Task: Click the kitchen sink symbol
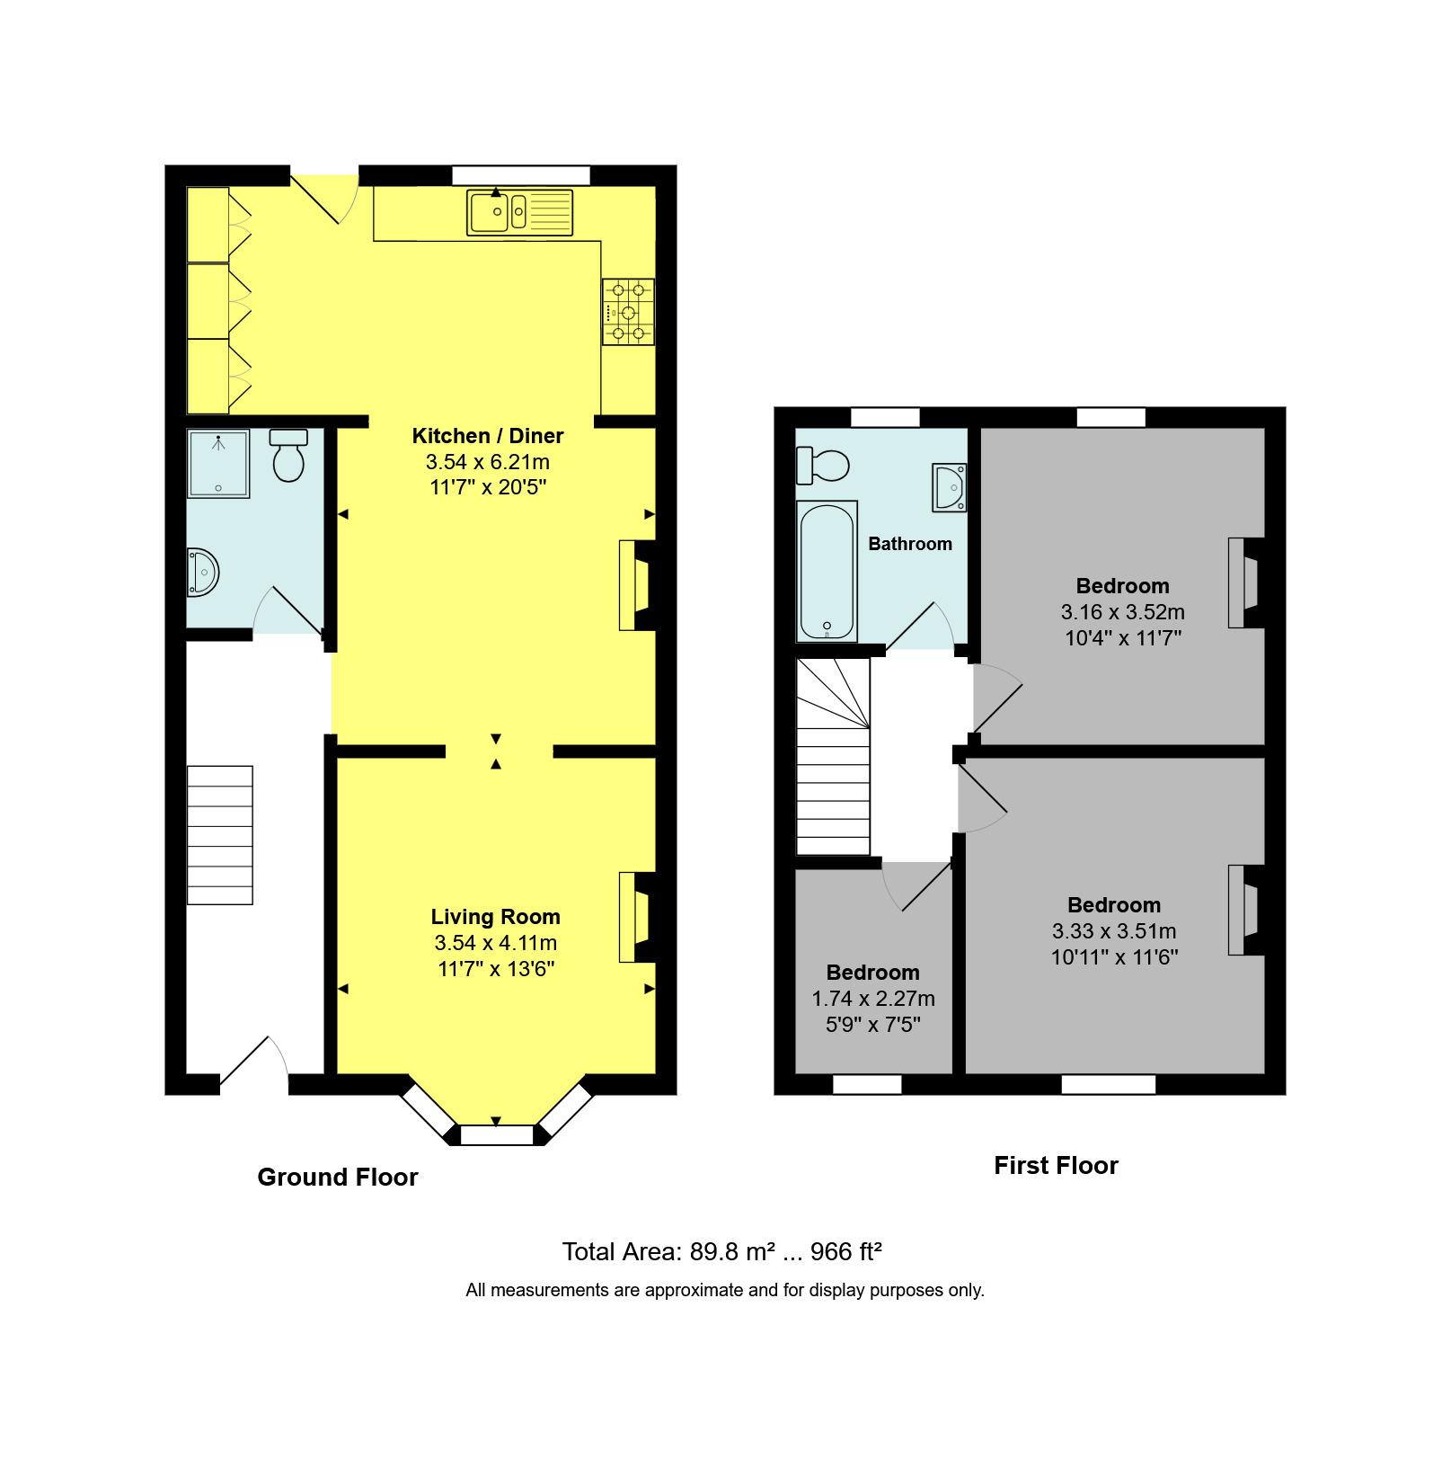519,213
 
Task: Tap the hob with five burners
628,312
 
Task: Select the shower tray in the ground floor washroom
218,464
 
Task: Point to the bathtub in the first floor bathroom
827,571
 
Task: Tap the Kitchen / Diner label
487,436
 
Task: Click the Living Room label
495,917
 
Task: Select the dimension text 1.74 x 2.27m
872,999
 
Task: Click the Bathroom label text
909,544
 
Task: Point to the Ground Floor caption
337,1177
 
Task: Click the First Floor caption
1055,1166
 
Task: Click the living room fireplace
635,918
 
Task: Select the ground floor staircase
220,834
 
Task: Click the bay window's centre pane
496,1135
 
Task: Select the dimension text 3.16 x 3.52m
1122,612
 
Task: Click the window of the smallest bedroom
867,1085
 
